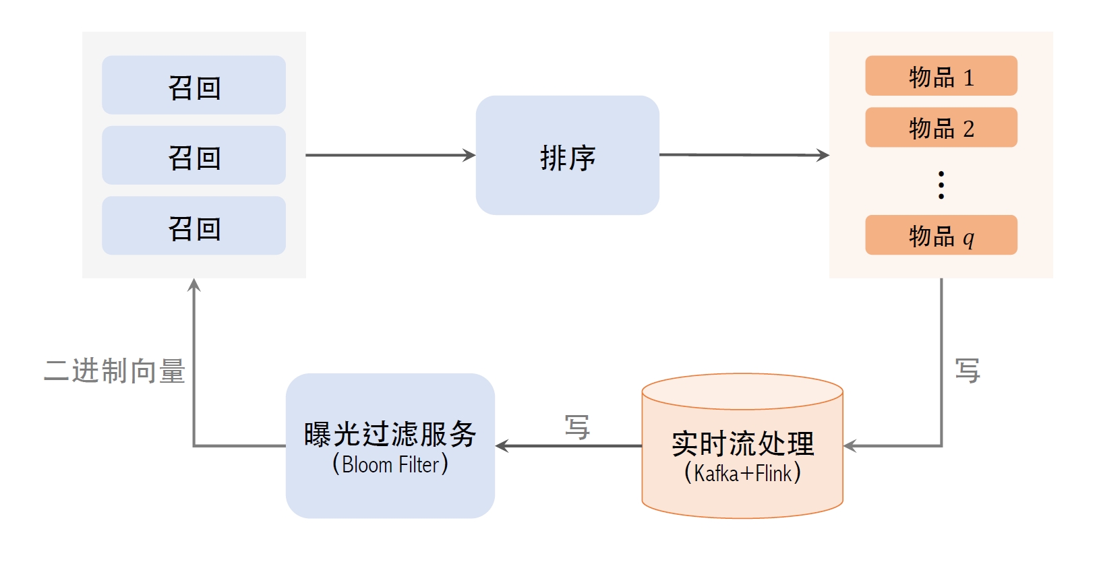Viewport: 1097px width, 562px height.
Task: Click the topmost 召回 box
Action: coord(194,85)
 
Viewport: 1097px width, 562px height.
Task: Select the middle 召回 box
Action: coord(194,155)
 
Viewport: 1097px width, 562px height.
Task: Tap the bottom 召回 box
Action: coord(194,226)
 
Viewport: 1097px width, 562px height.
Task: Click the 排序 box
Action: coord(567,155)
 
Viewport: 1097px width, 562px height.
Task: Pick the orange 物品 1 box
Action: coord(941,75)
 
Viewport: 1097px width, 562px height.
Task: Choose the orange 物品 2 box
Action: coord(941,127)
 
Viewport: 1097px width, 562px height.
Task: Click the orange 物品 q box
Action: coord(941,235)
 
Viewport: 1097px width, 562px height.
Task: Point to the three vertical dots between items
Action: coord(941,185)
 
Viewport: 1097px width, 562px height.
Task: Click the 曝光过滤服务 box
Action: coord(390,435)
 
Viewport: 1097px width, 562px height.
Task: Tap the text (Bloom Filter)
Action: coord(390,464)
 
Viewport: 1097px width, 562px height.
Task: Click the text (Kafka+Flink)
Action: coord(742,472)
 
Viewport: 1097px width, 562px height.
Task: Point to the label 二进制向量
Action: coord(115,371)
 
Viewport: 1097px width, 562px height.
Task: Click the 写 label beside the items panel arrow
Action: coord(968,371)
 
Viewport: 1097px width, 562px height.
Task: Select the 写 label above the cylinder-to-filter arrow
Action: coord(577,427)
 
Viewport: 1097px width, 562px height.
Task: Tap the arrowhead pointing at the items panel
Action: coord(823,155)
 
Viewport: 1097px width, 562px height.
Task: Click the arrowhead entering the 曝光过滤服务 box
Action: coord(502,445)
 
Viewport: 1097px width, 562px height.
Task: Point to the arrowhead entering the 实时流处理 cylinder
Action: coord(850,445)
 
